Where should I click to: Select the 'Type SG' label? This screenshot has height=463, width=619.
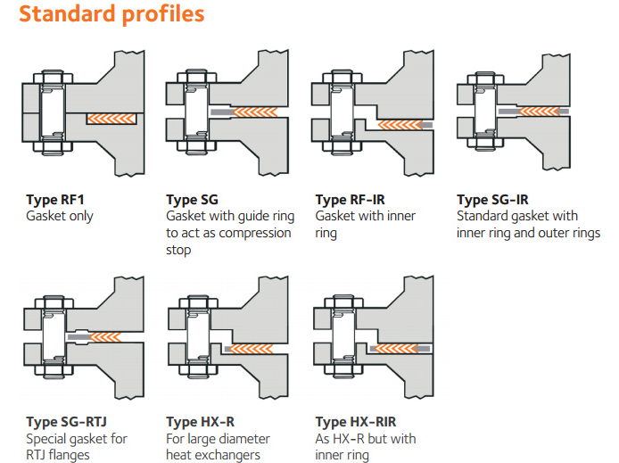(x=192, y=200)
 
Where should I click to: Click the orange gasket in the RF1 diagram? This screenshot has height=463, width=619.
(x=111, y=118)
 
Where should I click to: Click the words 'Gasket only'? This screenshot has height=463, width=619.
(x=60, y=217)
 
